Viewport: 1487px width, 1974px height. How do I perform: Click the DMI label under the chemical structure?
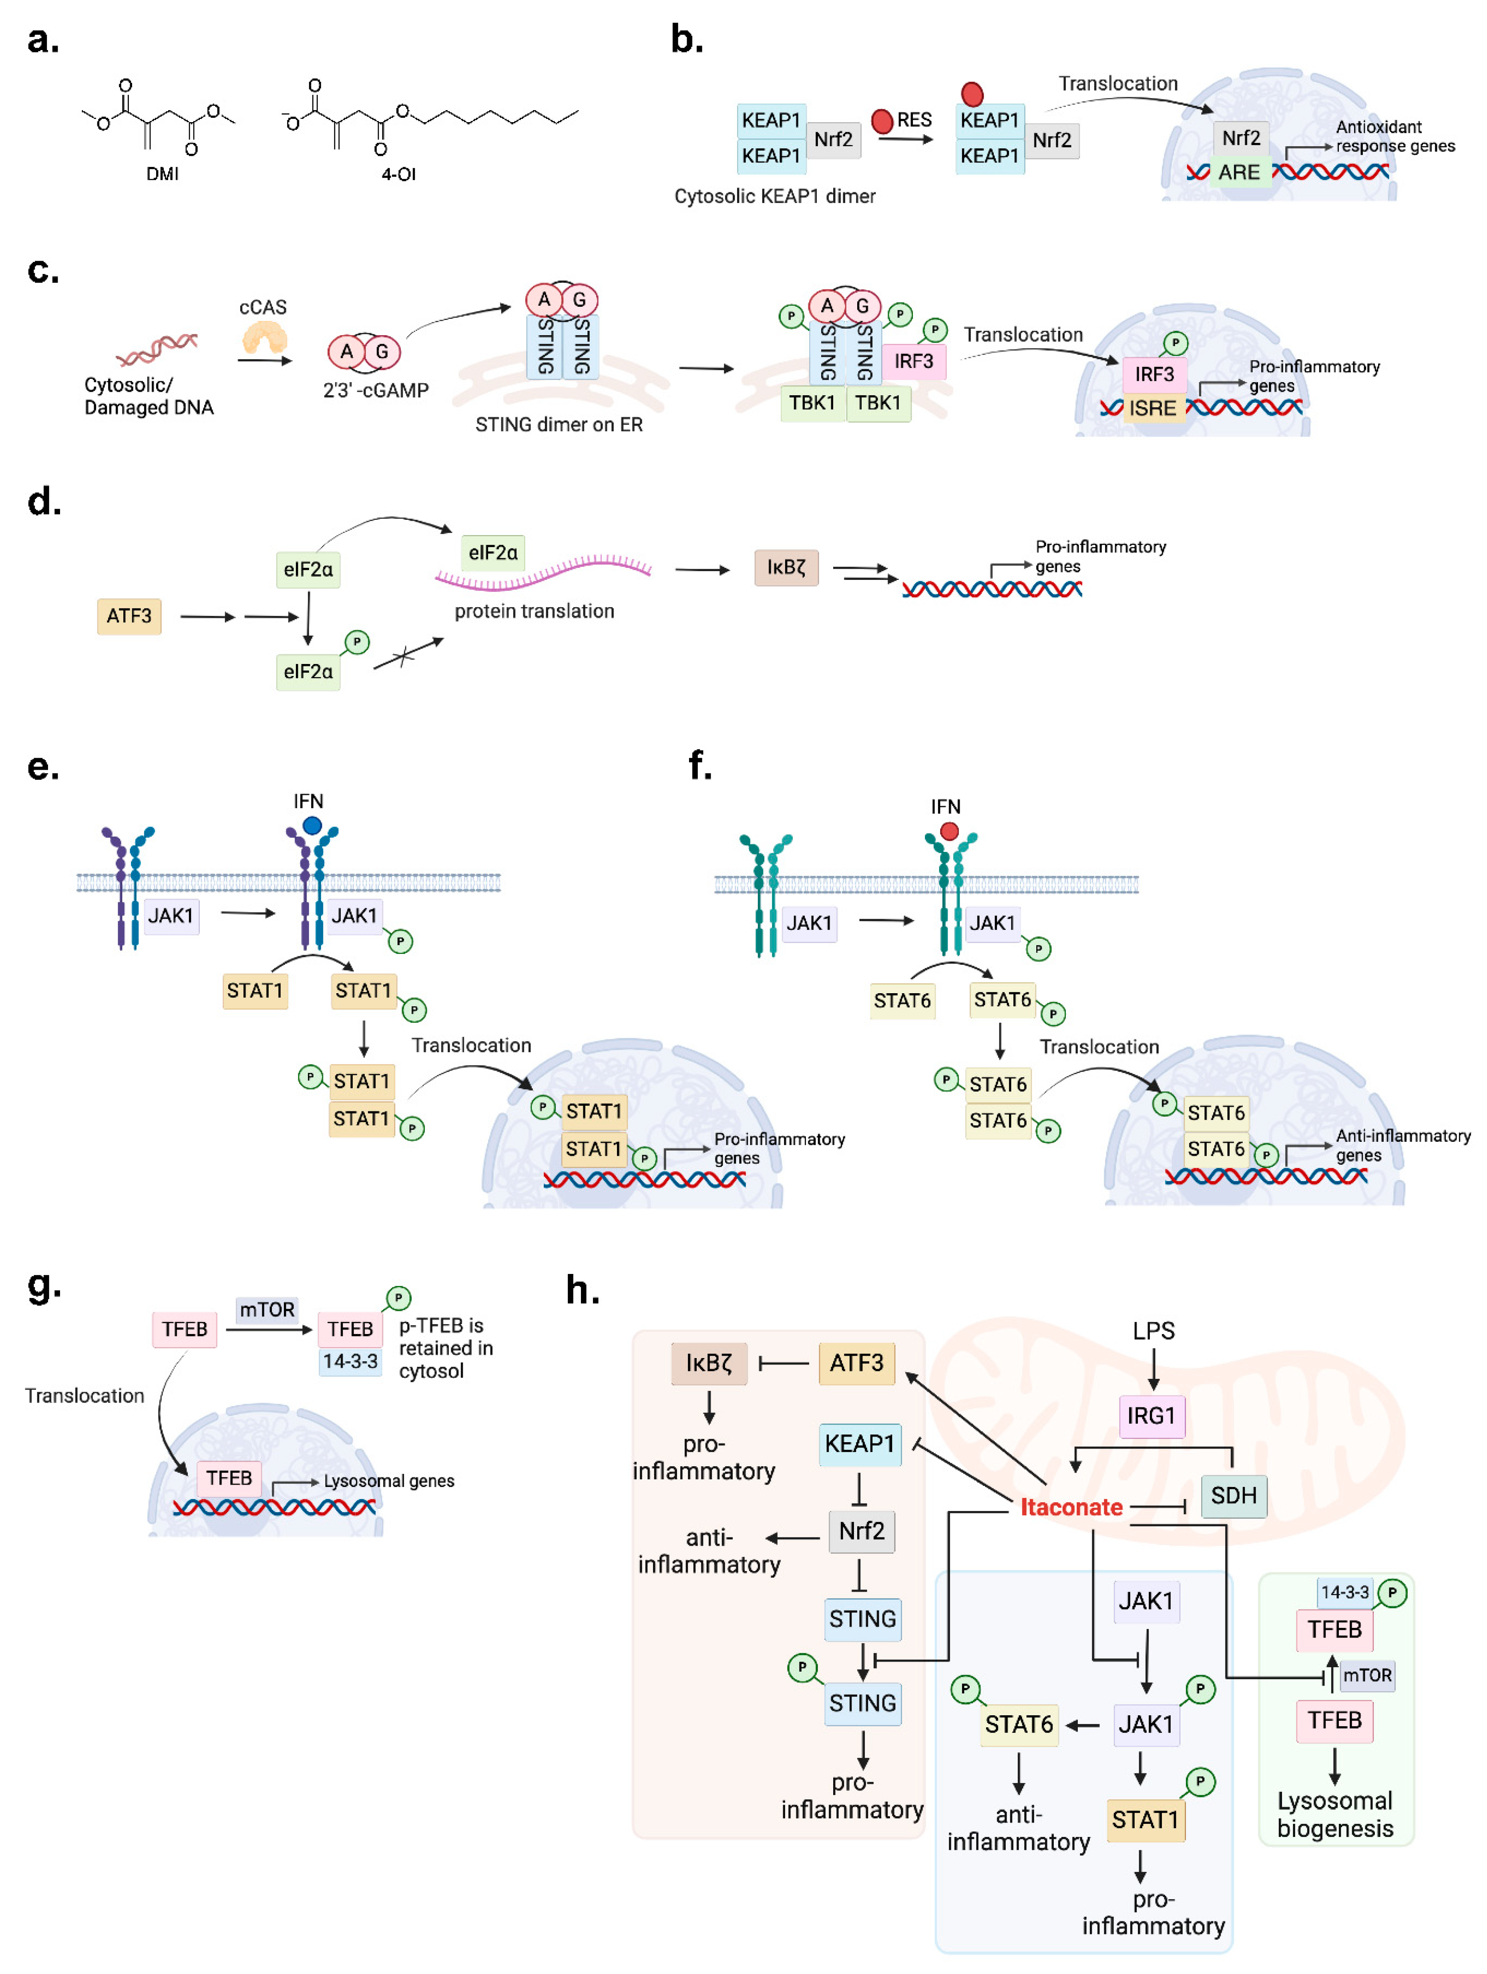point(162,174)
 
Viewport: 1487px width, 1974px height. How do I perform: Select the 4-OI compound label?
point(399,174)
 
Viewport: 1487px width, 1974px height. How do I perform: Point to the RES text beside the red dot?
point(914,120)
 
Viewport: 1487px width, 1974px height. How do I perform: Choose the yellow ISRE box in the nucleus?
point(1153,408)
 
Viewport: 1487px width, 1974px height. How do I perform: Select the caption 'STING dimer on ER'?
point(559,425)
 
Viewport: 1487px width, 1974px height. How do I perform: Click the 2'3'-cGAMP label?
point(376,390)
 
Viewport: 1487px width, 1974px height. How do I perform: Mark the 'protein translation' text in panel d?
point(535,611)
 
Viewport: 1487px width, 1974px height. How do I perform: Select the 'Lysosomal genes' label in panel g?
point(389,1481)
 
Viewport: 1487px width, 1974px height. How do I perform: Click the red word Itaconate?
point(1071,1507)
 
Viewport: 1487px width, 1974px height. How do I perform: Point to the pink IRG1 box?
point(1151,1416)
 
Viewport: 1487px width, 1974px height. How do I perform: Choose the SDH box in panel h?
point(1234,1496)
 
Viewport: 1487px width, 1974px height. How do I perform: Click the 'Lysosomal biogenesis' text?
point(1334,1815)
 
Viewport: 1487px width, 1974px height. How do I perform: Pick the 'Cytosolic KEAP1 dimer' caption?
point(774,196)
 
